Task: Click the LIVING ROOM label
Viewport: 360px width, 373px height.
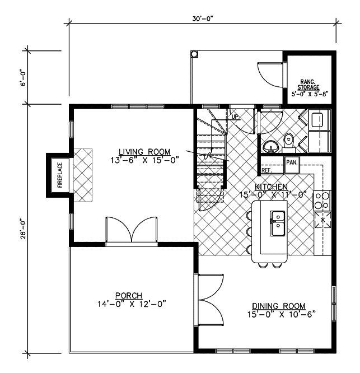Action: [144, 152]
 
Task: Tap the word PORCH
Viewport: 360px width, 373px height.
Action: [129, 296]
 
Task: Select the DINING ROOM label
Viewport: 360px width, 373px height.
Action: [279, 306]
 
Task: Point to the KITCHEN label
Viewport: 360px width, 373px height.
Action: [271, 186]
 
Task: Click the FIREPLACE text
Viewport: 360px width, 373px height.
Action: [60, 175]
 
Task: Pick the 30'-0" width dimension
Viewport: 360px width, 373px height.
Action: [202, 19]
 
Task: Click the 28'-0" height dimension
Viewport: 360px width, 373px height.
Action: [23, 229]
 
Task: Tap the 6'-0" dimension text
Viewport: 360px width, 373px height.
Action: [23, 77]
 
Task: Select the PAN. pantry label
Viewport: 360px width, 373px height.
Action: [292, 162]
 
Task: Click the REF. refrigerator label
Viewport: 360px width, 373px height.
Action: [267, 170]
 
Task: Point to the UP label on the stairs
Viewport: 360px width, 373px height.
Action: [235, 117]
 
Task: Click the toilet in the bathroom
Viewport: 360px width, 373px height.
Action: [289, 142]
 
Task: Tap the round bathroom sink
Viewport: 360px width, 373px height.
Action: [271, 146]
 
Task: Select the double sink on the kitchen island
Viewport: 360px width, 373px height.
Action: [277, 223]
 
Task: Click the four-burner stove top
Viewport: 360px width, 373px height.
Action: [322, 201]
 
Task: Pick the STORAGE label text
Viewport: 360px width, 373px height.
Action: [308, 87]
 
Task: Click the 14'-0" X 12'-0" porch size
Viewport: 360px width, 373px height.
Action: [132, 304]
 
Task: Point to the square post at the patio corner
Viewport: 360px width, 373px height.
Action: [194, 54]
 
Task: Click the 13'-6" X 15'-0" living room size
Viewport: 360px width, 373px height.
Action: [144, 160]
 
